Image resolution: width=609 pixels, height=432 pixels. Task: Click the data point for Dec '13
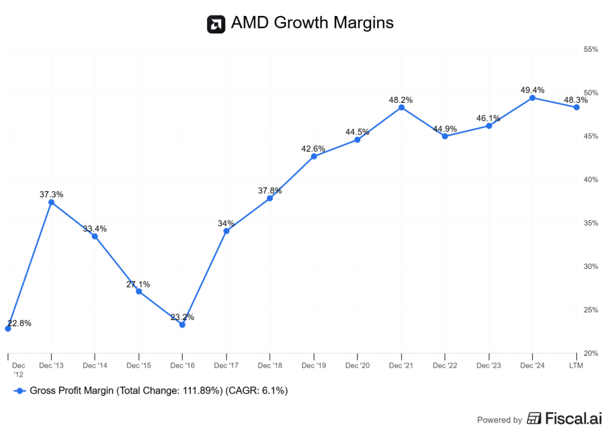(51, 202)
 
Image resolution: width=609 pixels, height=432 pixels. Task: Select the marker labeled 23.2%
(182, 324)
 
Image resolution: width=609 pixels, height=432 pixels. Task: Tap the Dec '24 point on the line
(532, 98)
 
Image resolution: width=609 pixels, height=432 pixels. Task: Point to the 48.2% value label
(401, 100)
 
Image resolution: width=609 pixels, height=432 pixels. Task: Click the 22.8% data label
(19, 324)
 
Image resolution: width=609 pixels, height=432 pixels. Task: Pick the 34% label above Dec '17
(226, 224)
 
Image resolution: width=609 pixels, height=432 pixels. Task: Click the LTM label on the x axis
(576, 365)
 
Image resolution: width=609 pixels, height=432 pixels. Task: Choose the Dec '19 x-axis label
(313, 365)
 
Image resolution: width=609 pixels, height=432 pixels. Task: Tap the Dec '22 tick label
(445, 365)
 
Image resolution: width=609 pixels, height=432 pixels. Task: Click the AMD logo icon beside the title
(216, 24)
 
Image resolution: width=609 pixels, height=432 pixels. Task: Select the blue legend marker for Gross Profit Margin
(20, 391)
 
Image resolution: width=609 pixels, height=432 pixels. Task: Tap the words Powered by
(500, 420)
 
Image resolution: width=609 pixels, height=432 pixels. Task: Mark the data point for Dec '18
(269, 198)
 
